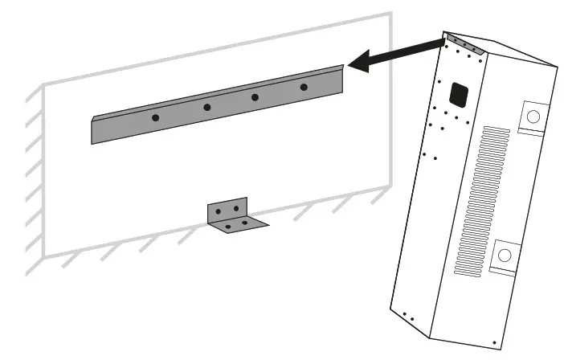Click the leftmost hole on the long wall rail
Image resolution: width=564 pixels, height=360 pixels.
tap(155, 118)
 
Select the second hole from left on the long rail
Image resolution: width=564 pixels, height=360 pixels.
tap(206, 107)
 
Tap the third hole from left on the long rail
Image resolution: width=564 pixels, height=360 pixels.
tap(255, 97)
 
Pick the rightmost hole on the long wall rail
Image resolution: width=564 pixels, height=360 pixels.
tap(304, 87)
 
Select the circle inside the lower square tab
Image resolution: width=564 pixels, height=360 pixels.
tap(505, 256)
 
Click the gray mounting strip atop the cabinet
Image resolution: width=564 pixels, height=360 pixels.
tap(466, 44)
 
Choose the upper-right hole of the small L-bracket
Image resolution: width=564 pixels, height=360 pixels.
tap(236, 209)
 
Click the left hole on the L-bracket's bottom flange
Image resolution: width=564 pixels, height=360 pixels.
tap(228, 227)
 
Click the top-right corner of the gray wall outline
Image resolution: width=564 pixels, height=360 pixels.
tap(391, 14)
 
